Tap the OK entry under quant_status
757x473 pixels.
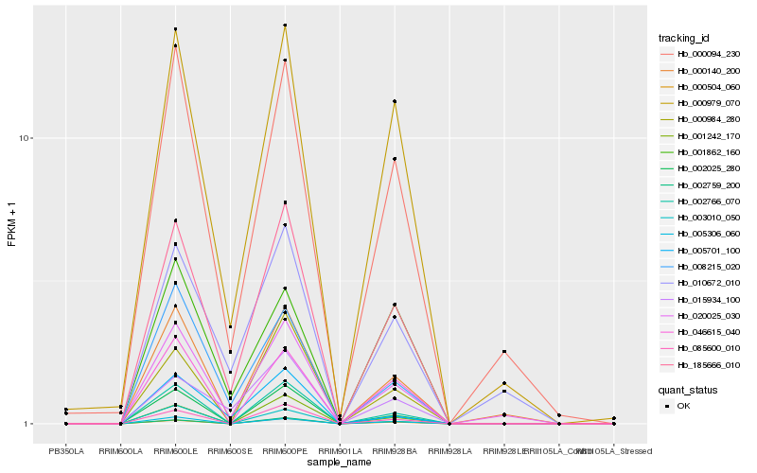684,405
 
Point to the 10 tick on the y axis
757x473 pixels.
26,138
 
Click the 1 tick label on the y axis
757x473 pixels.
29,424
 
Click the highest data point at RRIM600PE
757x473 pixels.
285,26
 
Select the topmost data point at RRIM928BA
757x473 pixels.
395,101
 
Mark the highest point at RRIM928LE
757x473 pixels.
504,352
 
